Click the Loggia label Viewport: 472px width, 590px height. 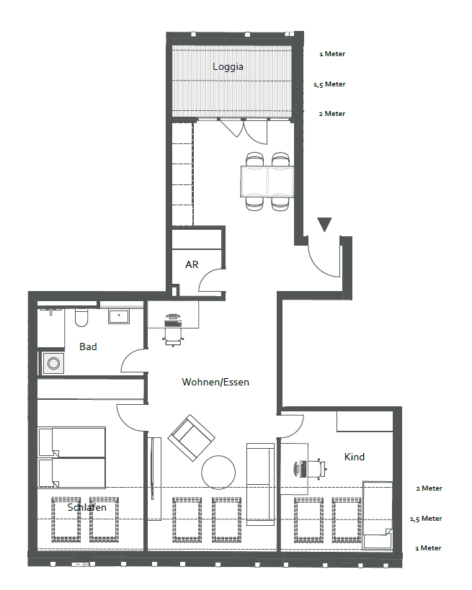[x=228, y=67]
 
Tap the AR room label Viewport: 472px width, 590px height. [x=192, y=264]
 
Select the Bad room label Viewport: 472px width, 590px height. [x=88, y=347]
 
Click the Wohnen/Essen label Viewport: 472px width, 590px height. [x=215, y=382]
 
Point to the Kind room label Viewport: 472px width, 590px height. [x=355, y=457]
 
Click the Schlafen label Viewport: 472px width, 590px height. [x=86, y=507]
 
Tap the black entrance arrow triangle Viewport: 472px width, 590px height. [x=324, y=224]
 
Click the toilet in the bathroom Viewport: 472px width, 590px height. [x=81, y=318]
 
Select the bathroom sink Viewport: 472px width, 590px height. [x=119, y=316]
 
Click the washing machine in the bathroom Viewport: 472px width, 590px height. [x=53, y=364]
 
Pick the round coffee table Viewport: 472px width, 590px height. [x=218, y=473]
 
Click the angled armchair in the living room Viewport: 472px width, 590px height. [x=191, y=437]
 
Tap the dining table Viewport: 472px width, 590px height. [x=267, y=182]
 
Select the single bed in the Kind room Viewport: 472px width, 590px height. [x=378, y=515]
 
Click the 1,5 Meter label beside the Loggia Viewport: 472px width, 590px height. [x=329, y=84]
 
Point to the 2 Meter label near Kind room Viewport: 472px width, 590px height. [x=429, y=488]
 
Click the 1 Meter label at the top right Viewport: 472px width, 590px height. [x=332, y=54]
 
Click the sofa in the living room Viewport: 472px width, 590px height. [x=260, y=484]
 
